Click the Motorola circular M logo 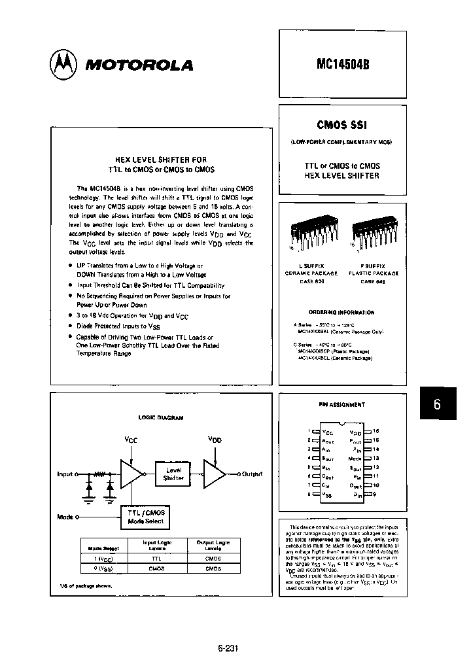point(63,63)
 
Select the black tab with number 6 point(437,404)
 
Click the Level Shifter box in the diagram point(173,474)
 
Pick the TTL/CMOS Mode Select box point(147,517)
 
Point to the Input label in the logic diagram point(65,474)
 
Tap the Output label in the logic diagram point(252,474)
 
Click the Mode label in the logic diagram point(65,517)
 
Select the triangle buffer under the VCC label point(131,474)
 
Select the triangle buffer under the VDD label point(214,474)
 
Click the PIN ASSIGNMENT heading point(341,405)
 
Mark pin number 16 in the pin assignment point(376,431)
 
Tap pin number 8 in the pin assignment point(308,495)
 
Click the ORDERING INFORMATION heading point(341,313)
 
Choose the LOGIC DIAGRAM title point(161,417)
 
